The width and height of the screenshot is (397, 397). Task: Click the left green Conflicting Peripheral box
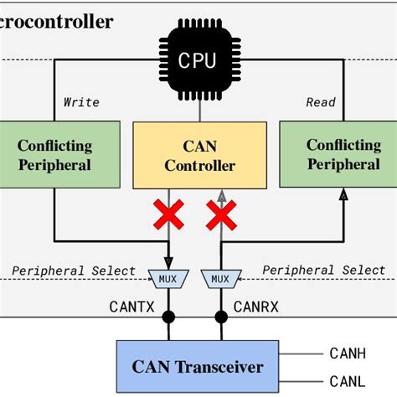tap(54, 154)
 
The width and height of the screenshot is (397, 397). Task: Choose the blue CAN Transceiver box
tap(198, 367)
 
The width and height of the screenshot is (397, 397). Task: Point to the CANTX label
tap(132, 307)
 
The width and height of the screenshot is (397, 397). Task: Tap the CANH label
tap(348, 354)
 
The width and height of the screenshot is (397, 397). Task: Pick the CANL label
tap(348, 381)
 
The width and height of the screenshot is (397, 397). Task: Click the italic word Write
tap(81, 102)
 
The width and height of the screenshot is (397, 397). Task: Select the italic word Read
tap(320, 102)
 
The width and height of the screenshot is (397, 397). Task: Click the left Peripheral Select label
tap(74, 271)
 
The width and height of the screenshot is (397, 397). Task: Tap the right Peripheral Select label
tap(324, 270)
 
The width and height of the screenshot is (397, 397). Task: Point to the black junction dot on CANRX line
tap(222, 317)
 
